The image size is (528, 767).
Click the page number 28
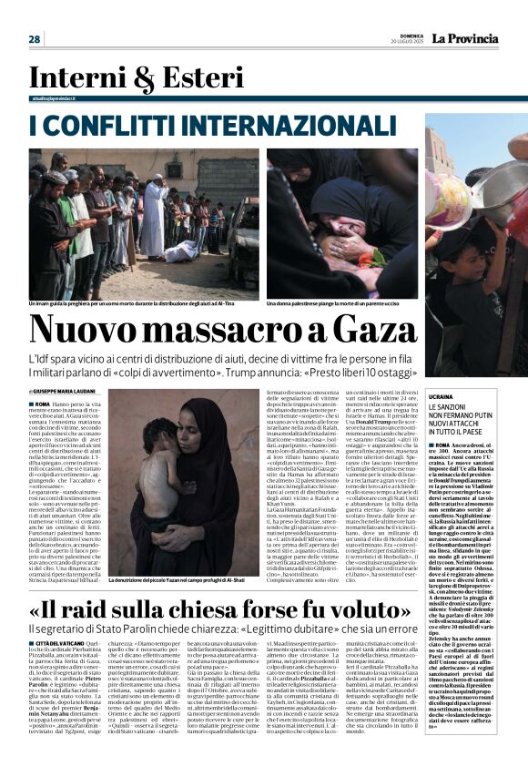(x=34, y=39)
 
